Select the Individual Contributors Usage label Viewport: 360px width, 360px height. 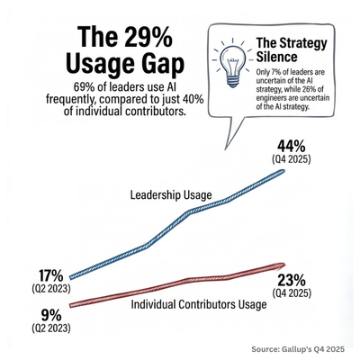pos(199,305)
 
